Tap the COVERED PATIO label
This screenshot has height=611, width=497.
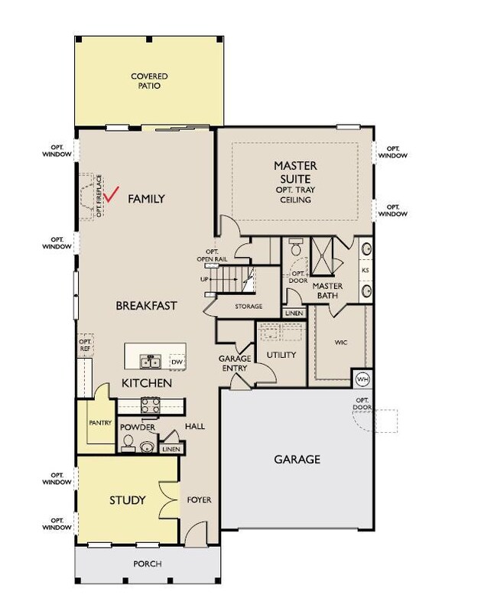click(x=149, y=81)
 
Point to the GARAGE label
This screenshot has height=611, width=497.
click(x=297, y=460)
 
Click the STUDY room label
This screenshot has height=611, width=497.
click(x=127, y=501)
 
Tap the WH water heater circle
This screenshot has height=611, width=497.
click(x=362, y=379)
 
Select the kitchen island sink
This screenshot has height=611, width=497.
click(x=150, y=359)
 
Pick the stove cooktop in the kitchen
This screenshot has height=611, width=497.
click(x=149, y=405)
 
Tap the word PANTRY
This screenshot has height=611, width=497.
click(x=100, y=423)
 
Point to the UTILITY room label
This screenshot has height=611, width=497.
click(x=280, y=355)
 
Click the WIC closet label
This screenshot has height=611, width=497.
click(x=341, y=343)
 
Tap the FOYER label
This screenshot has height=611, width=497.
click(x=199, y=501)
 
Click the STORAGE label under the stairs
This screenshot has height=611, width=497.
click(x=248, y=307)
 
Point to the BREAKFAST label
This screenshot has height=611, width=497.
click(x=146, y=305)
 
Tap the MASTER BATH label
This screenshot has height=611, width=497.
click(x=327, y=291)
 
